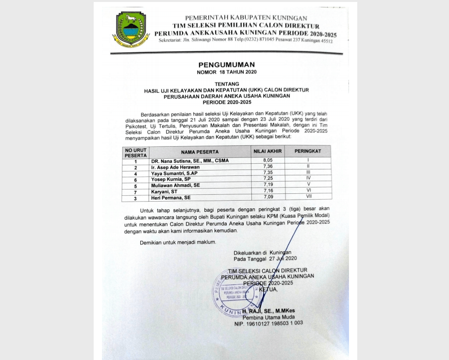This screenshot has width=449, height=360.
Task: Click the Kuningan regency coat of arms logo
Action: pyautogui.click(x=130, y=29)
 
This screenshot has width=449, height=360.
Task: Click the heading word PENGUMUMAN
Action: pyautogui.click(x=226, y=65)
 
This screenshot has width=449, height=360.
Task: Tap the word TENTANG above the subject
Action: pyautogui.click(x=226, y=84)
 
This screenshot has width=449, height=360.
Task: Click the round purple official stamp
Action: pyautogui.click(x=236, y=292)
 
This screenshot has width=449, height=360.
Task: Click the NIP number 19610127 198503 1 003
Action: pyautogui.click(x=268, y=323)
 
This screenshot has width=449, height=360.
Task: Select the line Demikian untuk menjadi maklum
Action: pyautogui.click(x=178, y=242)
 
